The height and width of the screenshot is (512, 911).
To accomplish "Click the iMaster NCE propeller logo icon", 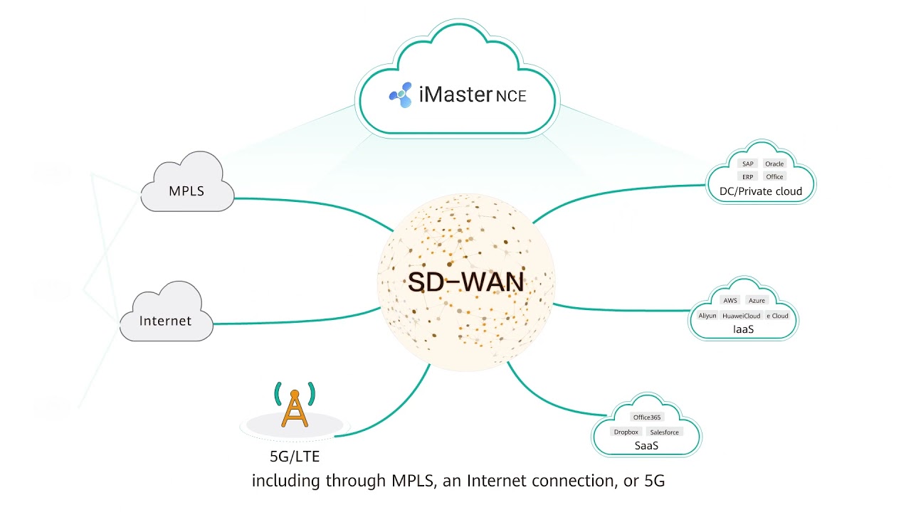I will point(401,95).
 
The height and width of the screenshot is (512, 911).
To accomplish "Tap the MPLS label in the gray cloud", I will point(186,191).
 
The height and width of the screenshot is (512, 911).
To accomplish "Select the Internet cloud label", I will point(165,321).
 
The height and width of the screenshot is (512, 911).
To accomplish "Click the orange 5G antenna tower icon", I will point(295,407).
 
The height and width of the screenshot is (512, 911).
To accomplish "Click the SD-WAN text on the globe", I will point(465,282).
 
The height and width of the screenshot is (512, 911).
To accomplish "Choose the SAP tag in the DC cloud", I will point(747,164).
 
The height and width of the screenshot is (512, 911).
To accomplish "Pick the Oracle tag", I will point(774,164).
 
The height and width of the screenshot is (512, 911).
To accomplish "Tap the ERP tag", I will point(747,176).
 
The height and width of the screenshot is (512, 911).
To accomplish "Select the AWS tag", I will point(730,300).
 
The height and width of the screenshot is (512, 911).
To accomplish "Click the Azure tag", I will point(757,300).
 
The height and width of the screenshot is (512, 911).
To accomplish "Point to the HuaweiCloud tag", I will point(742,315).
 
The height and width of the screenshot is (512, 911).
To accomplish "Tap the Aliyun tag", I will point(707,315).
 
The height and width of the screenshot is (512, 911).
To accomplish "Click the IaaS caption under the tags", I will point(743,330).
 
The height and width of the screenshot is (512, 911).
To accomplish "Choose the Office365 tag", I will point(647,417).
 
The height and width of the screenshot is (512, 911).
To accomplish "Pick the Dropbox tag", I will point(626,432).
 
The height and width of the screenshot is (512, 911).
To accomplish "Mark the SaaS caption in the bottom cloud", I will point(646,446).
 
